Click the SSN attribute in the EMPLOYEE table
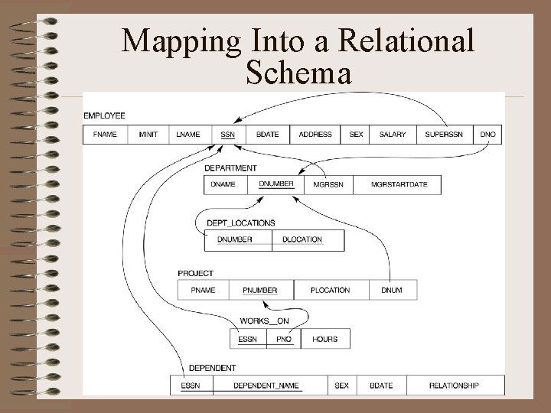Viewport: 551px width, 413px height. pyautogui.click(x=227, y=134)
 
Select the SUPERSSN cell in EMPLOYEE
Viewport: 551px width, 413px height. pyautogui.click(x=445, y=134)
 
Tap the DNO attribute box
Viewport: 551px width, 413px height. pyautogui.click(x=488, y=134)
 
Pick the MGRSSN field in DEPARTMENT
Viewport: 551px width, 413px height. pyautogui.click(x=328, y=184)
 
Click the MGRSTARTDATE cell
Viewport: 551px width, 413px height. pyautogui.click(x=399, y=184)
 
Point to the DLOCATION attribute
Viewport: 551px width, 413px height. pyautogui.click(x=302, y=239)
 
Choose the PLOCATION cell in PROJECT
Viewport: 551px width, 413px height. pyautogui.click(x=331, y=290)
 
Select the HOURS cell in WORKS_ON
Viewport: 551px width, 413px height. pyautogui.click(x=324, y=339)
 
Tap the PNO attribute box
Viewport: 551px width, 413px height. pyautogui.click(x=284, y=339)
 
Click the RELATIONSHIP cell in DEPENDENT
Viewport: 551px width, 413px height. pyautogui.click(x=454, y=385)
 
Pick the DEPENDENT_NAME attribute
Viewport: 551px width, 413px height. pyautogui.click(x=266, y=385)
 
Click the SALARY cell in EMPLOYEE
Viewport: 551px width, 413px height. pyautogui.click(x=393, y=134)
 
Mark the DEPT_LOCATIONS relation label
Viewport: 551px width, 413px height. pyautogui.click(x=240, y=223)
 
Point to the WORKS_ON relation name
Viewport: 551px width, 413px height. pyautogui.click(x=264, y=321)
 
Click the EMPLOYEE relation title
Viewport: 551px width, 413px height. pyautogui.click(x=105, y=115)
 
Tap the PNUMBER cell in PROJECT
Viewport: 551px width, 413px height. pyautogui.click(x=259, y=290)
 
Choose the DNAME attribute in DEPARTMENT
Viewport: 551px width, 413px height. pyautogui.click(x=223, y=184)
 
